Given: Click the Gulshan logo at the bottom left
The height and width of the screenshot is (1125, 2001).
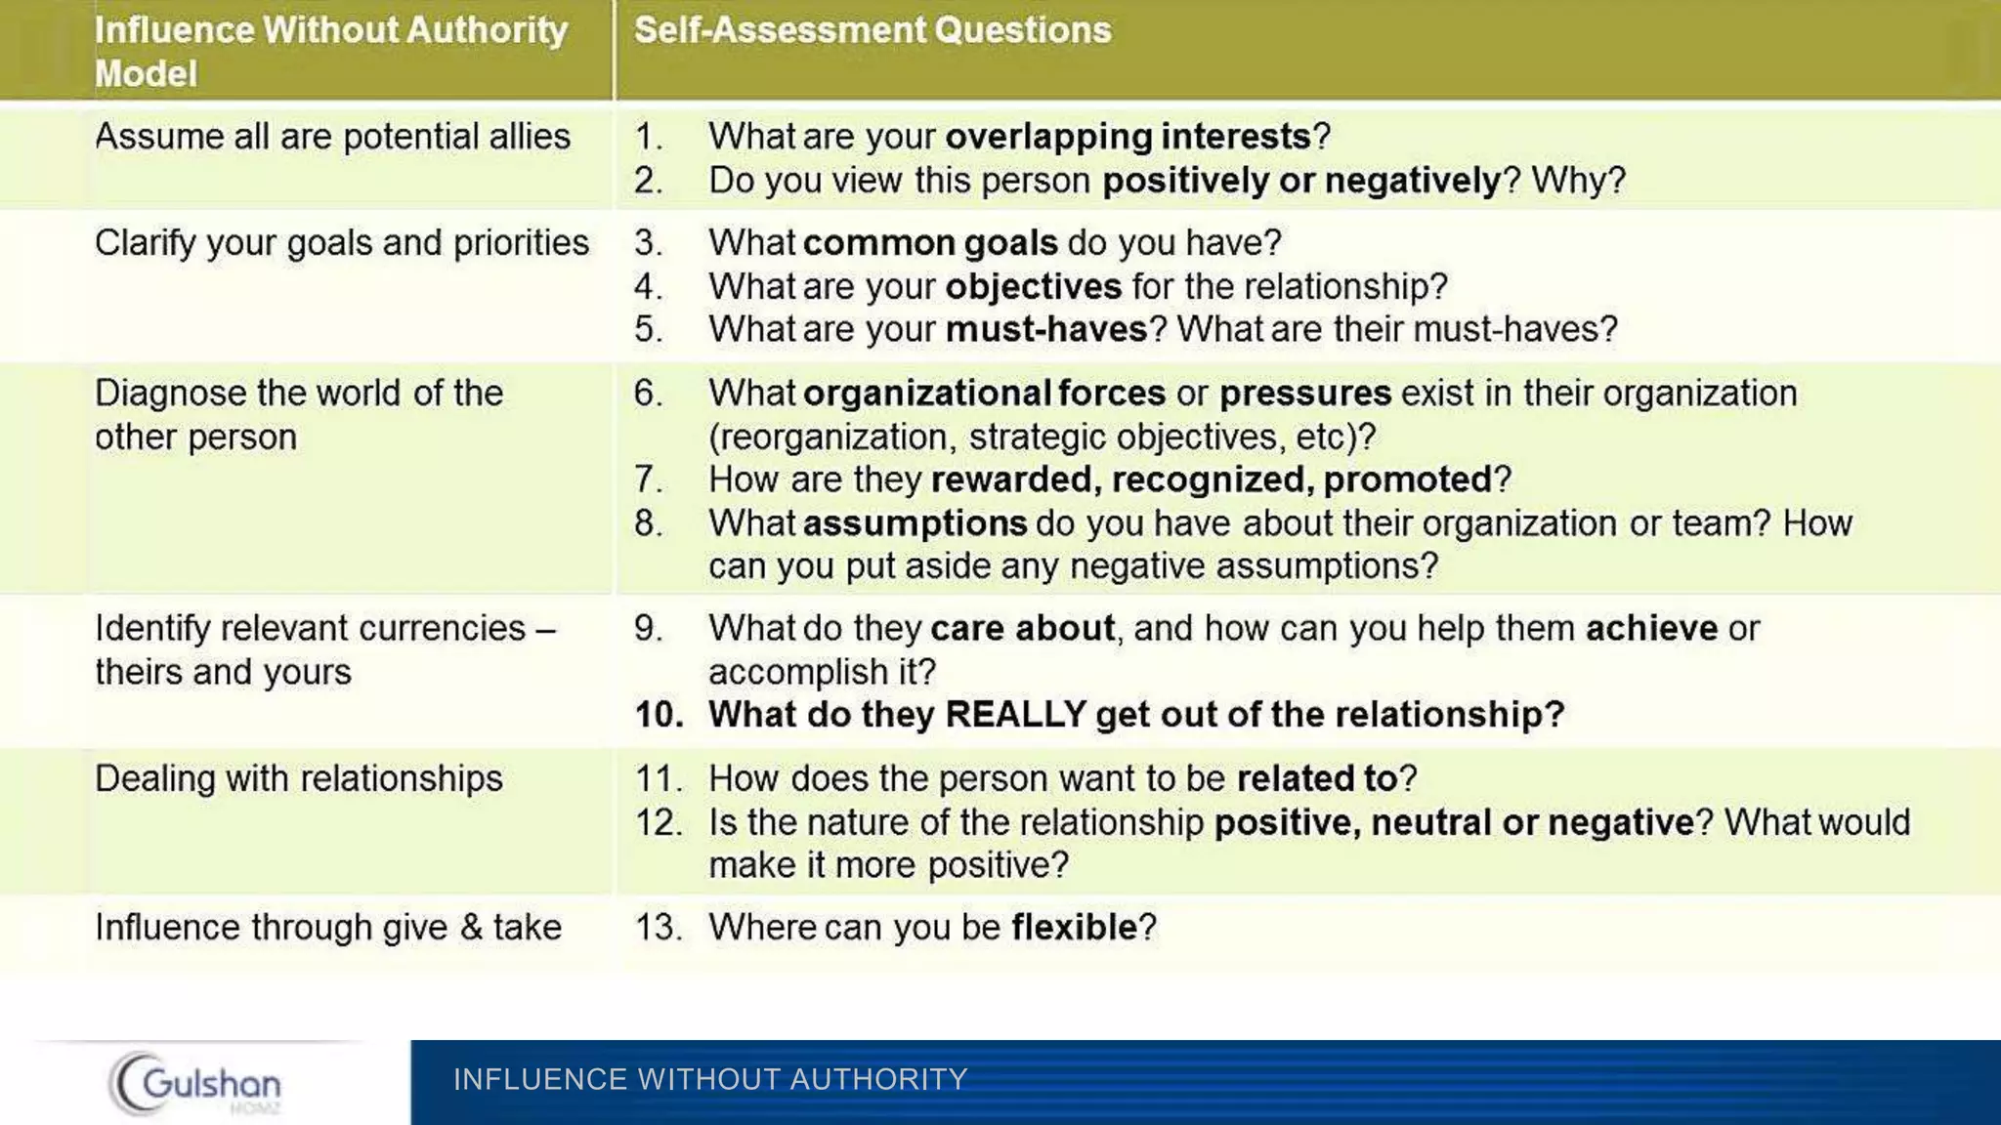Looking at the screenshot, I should point(195,1083).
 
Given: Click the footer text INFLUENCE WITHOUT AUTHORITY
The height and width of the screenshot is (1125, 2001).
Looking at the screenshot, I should point(710,1079).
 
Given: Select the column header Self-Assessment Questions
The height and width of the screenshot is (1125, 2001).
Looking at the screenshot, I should point(873,30).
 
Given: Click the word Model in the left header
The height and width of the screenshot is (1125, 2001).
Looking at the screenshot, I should point(146,74).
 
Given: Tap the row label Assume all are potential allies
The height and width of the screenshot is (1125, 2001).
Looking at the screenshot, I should point(332,137).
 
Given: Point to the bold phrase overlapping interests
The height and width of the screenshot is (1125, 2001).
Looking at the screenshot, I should point(1128,137).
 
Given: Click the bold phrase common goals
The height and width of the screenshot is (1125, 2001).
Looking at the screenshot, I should point(930,242).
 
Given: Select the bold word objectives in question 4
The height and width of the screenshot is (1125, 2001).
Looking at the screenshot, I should point(1033,286).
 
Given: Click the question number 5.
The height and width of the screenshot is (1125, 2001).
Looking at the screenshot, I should point(648,329).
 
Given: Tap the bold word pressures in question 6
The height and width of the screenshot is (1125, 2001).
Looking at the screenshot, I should point(1305,393).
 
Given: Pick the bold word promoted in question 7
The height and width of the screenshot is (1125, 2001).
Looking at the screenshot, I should point(1407,479).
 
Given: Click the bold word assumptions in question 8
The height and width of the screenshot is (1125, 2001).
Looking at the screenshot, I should point(915,523).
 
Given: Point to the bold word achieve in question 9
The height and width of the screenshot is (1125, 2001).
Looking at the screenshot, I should point(1651,628).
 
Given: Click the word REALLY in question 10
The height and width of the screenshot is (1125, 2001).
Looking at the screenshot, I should point(1015,715).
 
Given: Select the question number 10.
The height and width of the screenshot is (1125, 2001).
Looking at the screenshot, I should point(659,715).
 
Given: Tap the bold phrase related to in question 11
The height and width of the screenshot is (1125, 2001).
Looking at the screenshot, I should point(1317,778).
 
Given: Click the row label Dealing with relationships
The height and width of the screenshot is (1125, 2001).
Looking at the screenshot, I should point(298,778).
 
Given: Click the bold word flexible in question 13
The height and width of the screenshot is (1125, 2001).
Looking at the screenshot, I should point(1074,927).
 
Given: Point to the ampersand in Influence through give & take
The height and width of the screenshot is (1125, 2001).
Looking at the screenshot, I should point(471,927).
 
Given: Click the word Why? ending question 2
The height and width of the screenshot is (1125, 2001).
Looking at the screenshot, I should point(1578,181).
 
